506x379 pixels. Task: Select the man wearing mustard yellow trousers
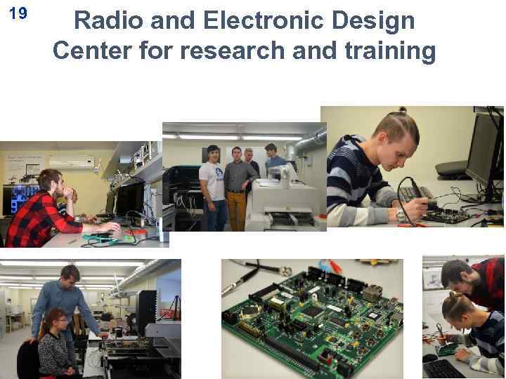236,186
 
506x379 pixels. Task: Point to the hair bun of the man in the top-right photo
406,112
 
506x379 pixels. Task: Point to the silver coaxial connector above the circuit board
285,270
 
